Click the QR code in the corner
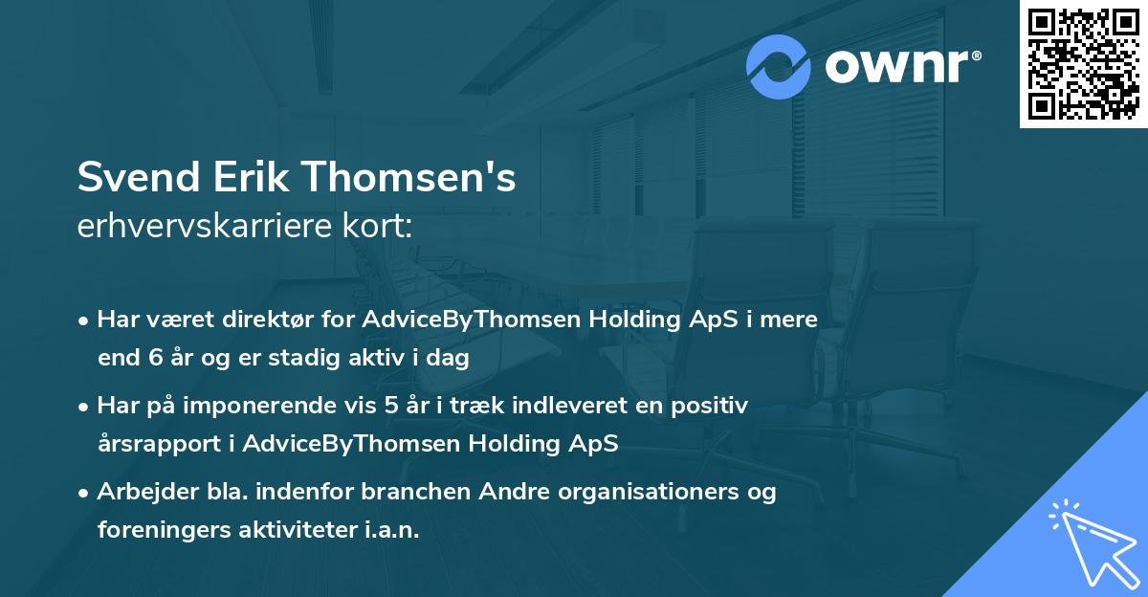pyautogui.click(x=1084, y=64)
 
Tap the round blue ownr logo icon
pyautogui.click(x=779, y=67)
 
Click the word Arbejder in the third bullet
pyautogui.click(x=141, y=492)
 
